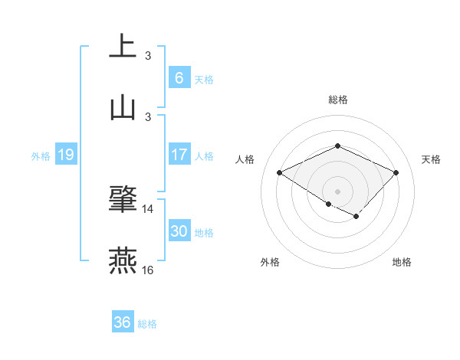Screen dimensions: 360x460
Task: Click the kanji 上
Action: click(123, 46)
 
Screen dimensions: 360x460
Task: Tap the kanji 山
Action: click(123, 108)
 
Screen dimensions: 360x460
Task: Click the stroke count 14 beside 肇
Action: click(148, 208)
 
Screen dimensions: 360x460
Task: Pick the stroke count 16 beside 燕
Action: click(148, 270)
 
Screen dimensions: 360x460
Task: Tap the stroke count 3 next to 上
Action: click(148, 55)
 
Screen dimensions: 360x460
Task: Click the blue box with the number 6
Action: click(179, 77)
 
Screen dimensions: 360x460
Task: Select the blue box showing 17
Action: click(179, 155)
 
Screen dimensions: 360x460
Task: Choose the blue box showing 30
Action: click(179, 231)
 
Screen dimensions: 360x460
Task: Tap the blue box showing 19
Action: click(65, 155)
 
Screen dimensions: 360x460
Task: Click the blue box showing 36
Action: click(122, 322)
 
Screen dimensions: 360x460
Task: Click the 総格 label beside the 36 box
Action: click(147, 324)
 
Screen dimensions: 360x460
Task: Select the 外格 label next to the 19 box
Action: click(41, 156)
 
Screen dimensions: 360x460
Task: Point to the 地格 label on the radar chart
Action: click(402, 262)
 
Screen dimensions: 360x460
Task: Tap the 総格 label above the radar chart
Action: click(337, 100)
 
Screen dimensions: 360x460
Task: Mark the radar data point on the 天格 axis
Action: click(396, 173)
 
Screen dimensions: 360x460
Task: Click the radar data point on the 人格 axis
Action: click(280, 173)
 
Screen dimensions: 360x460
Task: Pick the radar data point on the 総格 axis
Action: click(337, 146)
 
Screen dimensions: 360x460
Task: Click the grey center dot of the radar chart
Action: click(337, 191)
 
